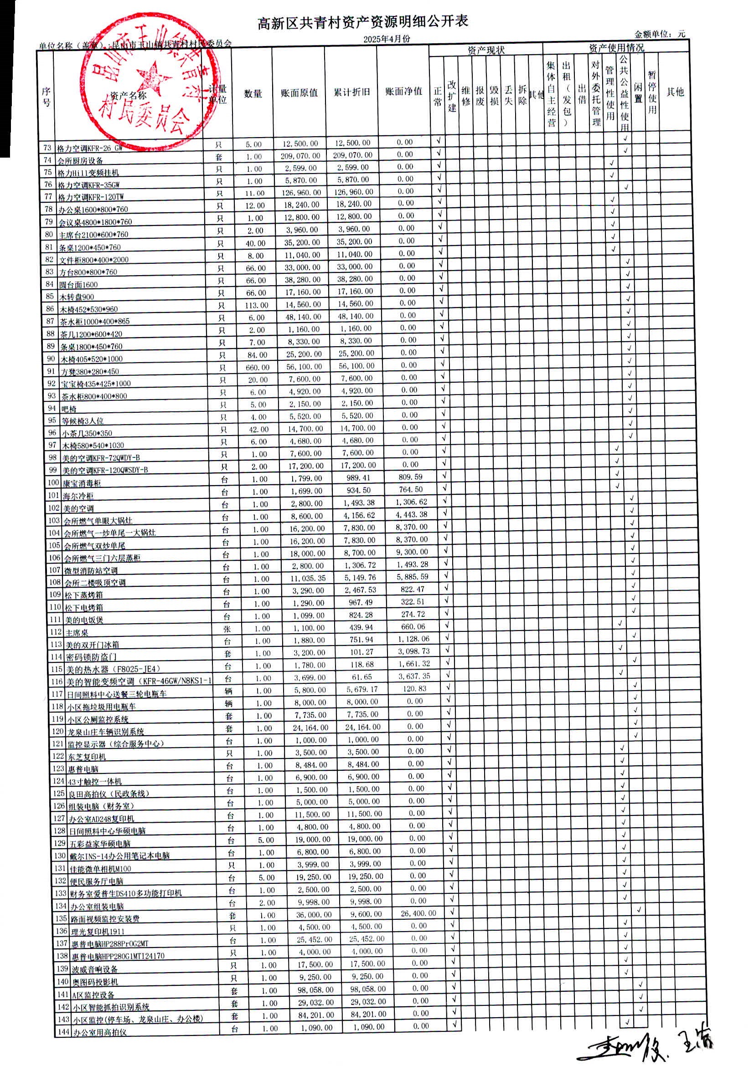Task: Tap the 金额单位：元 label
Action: coord(659,34)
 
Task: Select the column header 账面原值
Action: coord(299,92)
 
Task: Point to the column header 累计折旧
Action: coord(351,92)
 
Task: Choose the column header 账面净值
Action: coord(403,92)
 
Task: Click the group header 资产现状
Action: coord(485,50)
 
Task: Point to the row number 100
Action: coord(53,482)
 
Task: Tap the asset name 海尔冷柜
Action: coord(78,496)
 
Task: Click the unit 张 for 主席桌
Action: coord(227,629)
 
